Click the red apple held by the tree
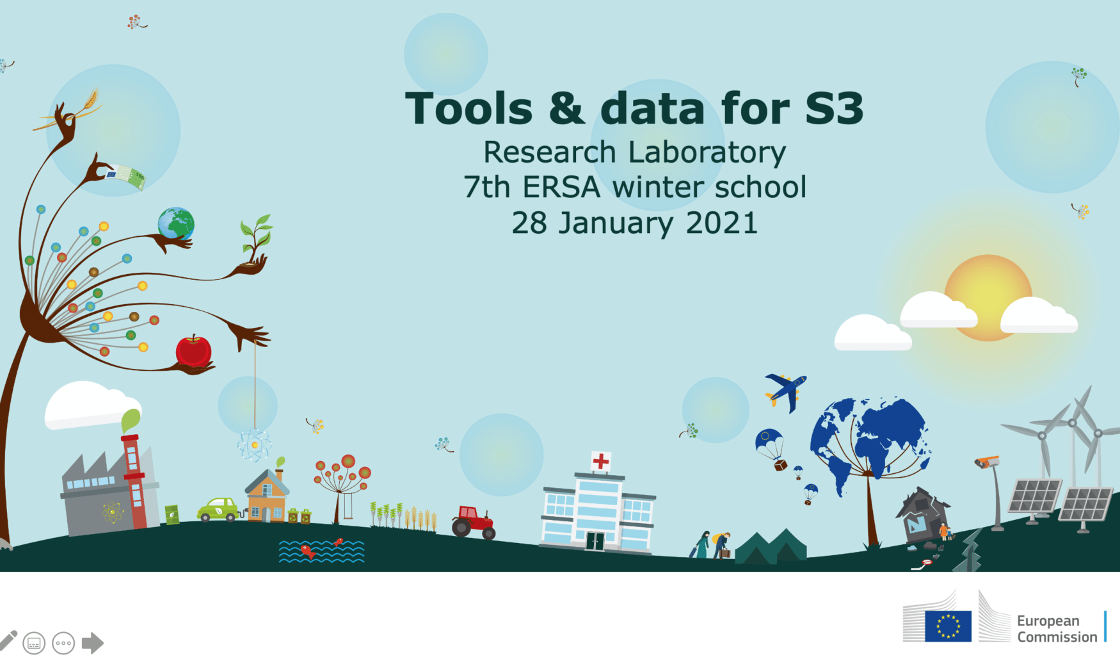pos(193,351)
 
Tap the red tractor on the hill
pos(474,521)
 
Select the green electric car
pos(218,510)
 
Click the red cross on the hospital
pos(600,460)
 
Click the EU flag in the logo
pos(948,626)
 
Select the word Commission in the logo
pos(1057,637)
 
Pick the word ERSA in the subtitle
pos(561,187)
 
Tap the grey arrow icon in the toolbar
pos(93,643)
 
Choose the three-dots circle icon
pos(63,643)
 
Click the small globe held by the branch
pos(176,224)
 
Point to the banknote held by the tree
pos(126,177)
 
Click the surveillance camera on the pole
pos(986,462)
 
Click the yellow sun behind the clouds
pos(988,297)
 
